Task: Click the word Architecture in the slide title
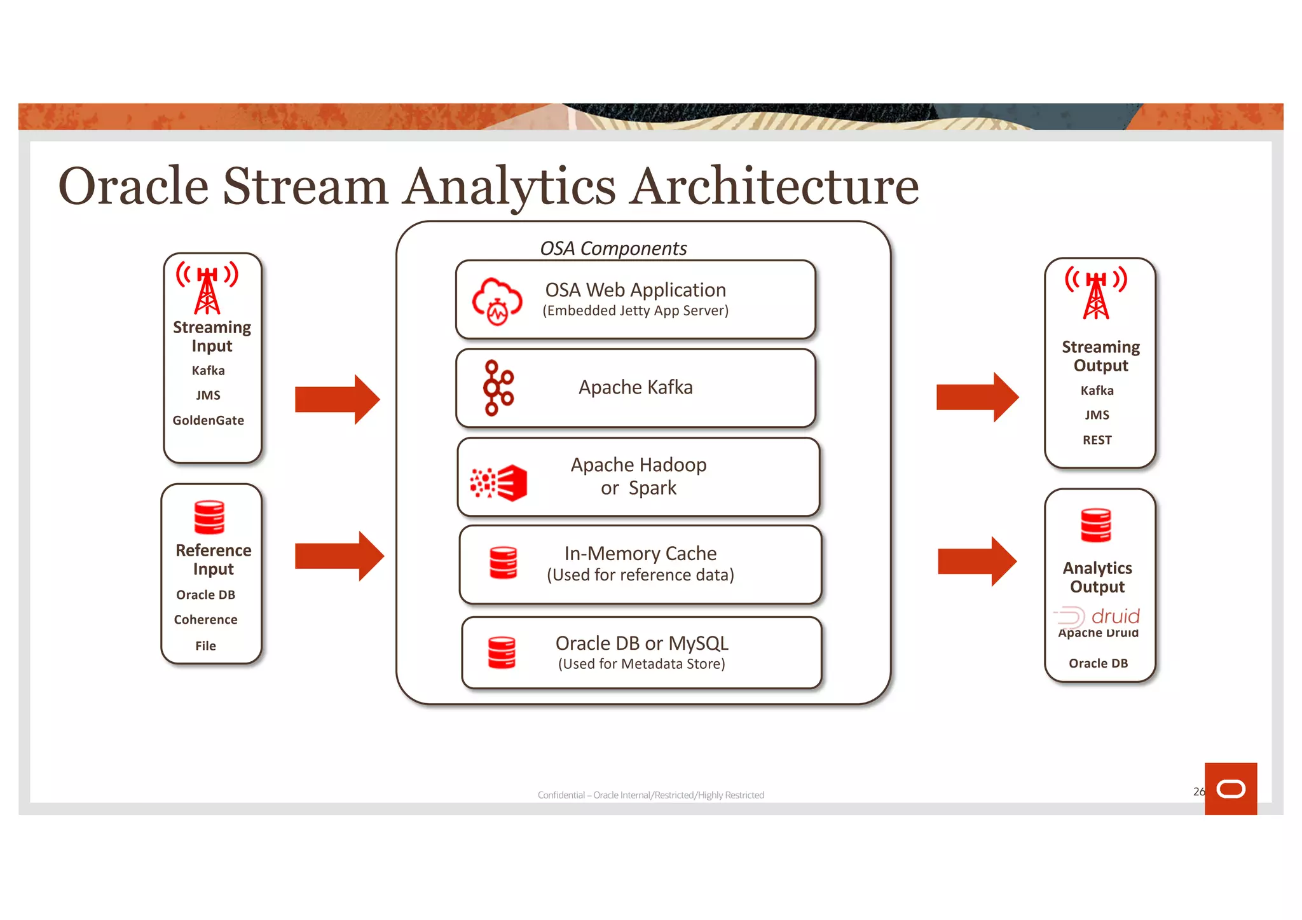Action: (x=774, y=186)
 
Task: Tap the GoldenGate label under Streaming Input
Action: (x=208, y=420)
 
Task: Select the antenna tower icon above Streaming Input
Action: (x=207, y=289)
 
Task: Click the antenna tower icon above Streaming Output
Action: (x=1096, y=293)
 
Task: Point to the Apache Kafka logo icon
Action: (x=498, y=388)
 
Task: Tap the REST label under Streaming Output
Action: (x=1097, y=440)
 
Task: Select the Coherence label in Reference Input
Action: (x=205, y=620)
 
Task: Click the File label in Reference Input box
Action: (x=205, y=646)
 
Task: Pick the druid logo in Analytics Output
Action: (x=1097, y=616)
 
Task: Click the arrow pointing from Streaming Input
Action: (x=337, y=399)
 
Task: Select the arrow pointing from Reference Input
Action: (x=339, y=556)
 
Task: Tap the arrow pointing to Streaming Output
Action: (x=977, y=397)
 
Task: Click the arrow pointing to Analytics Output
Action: (x=977, y=561)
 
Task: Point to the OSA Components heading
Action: (x=613, y=248)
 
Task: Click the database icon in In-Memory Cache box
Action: (x=504, y=563)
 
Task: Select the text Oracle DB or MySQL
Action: (x=641, y=643)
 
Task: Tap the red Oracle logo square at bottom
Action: (x=1230, y=788)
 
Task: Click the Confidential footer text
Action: (x=650, y=795)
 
